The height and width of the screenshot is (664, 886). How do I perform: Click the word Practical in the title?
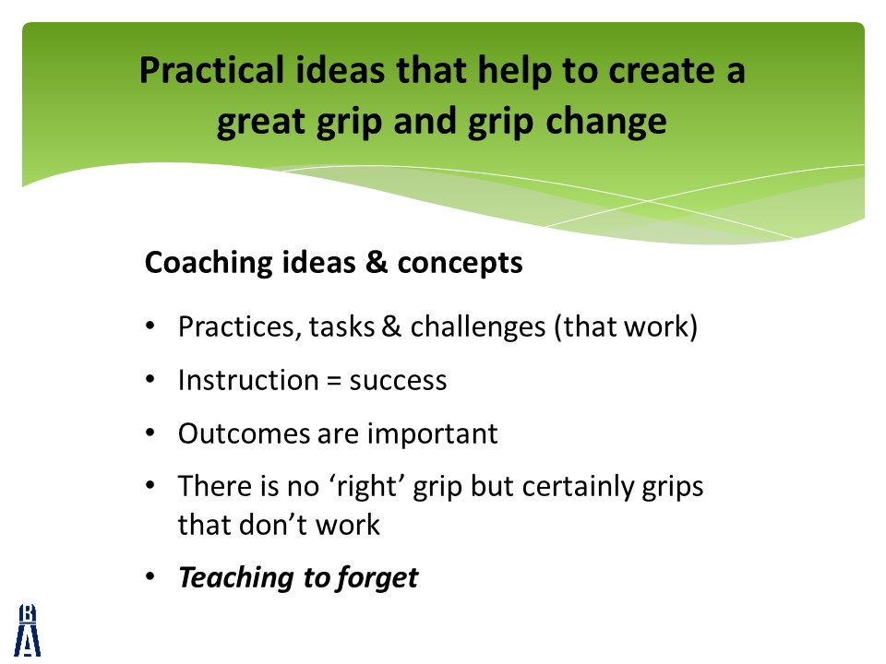click(211, 71)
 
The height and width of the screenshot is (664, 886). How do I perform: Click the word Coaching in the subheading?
click(209, 263)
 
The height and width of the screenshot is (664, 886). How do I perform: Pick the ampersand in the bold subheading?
click(377, 262)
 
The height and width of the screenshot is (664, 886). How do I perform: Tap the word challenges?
click(478, 327)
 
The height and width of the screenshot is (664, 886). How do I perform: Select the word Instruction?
click(248, 380)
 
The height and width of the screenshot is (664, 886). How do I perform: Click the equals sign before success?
click(334, 382)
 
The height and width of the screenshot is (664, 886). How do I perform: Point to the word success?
click(398, 381)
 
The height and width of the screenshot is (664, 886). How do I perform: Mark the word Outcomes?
click(244, 433)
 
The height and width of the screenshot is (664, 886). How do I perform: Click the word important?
click(433, 434)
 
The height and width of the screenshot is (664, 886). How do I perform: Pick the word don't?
click(272, 525)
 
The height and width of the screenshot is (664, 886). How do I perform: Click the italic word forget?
click(377, 578)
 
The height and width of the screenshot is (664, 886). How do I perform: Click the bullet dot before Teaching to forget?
click(150, 576)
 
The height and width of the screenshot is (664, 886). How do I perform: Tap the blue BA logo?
click(27, 630)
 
